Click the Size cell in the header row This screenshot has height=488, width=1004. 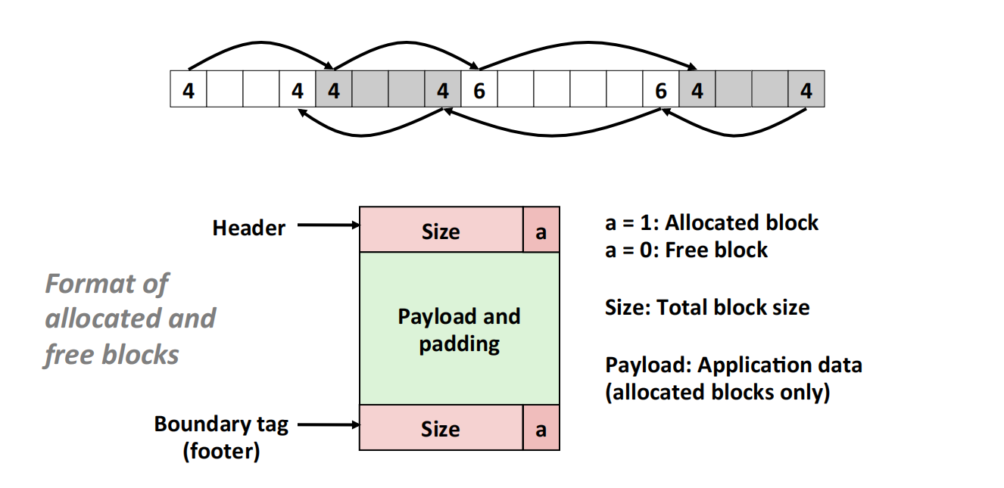[441, 230]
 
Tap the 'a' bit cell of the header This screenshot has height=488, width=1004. [541, 231]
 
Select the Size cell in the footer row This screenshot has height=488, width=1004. [441, 428]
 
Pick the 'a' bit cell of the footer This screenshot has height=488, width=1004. [541, 429]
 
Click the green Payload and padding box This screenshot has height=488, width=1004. [459, 329]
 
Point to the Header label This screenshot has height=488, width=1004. [248, 228]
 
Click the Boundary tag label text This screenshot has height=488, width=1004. [221, 424]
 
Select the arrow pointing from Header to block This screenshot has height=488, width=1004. [327, 225]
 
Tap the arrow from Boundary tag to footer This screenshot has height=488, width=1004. [327, 425]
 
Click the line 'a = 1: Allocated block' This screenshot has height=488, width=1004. [712, 223]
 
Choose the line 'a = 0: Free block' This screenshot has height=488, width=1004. [686, 250]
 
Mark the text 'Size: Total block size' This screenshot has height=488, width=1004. [707, 308]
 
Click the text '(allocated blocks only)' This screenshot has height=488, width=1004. [717, 393]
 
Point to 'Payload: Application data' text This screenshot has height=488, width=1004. [733, 365]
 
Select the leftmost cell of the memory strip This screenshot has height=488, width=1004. [189, 89]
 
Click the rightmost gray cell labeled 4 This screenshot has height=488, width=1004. [806, 89]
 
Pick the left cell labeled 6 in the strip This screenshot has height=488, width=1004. [479, 89]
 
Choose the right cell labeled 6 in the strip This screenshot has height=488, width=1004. [661, 89]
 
